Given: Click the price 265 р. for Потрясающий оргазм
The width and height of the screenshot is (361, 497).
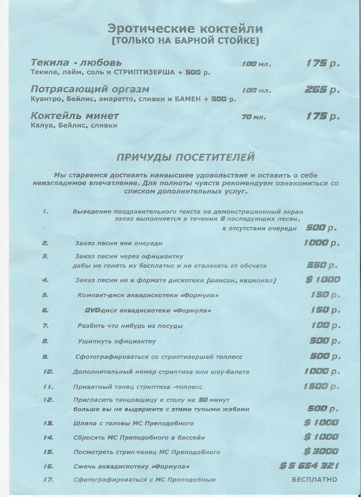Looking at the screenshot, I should tap(322, 90).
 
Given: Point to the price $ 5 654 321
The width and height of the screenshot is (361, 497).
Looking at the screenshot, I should tap(309, 466).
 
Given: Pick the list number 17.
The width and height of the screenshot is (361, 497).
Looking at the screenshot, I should tap(48, 479).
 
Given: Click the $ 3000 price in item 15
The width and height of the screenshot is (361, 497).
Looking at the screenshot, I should tap(321, 451).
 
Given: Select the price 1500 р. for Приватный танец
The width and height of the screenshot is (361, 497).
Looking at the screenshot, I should tap(322, 386).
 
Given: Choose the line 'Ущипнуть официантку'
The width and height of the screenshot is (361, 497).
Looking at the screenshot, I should tap(116, 341).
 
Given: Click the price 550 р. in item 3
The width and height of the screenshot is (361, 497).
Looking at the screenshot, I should tap(322, 265).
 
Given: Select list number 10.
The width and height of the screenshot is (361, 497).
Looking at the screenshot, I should tap(48, 372).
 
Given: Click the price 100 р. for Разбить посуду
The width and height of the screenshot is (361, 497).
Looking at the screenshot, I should tap(324, 325).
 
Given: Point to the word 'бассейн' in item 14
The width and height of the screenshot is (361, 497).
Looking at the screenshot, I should tap(192, 438).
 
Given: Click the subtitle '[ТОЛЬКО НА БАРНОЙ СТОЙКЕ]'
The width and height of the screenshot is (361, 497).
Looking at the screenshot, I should tap(185, 42).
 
